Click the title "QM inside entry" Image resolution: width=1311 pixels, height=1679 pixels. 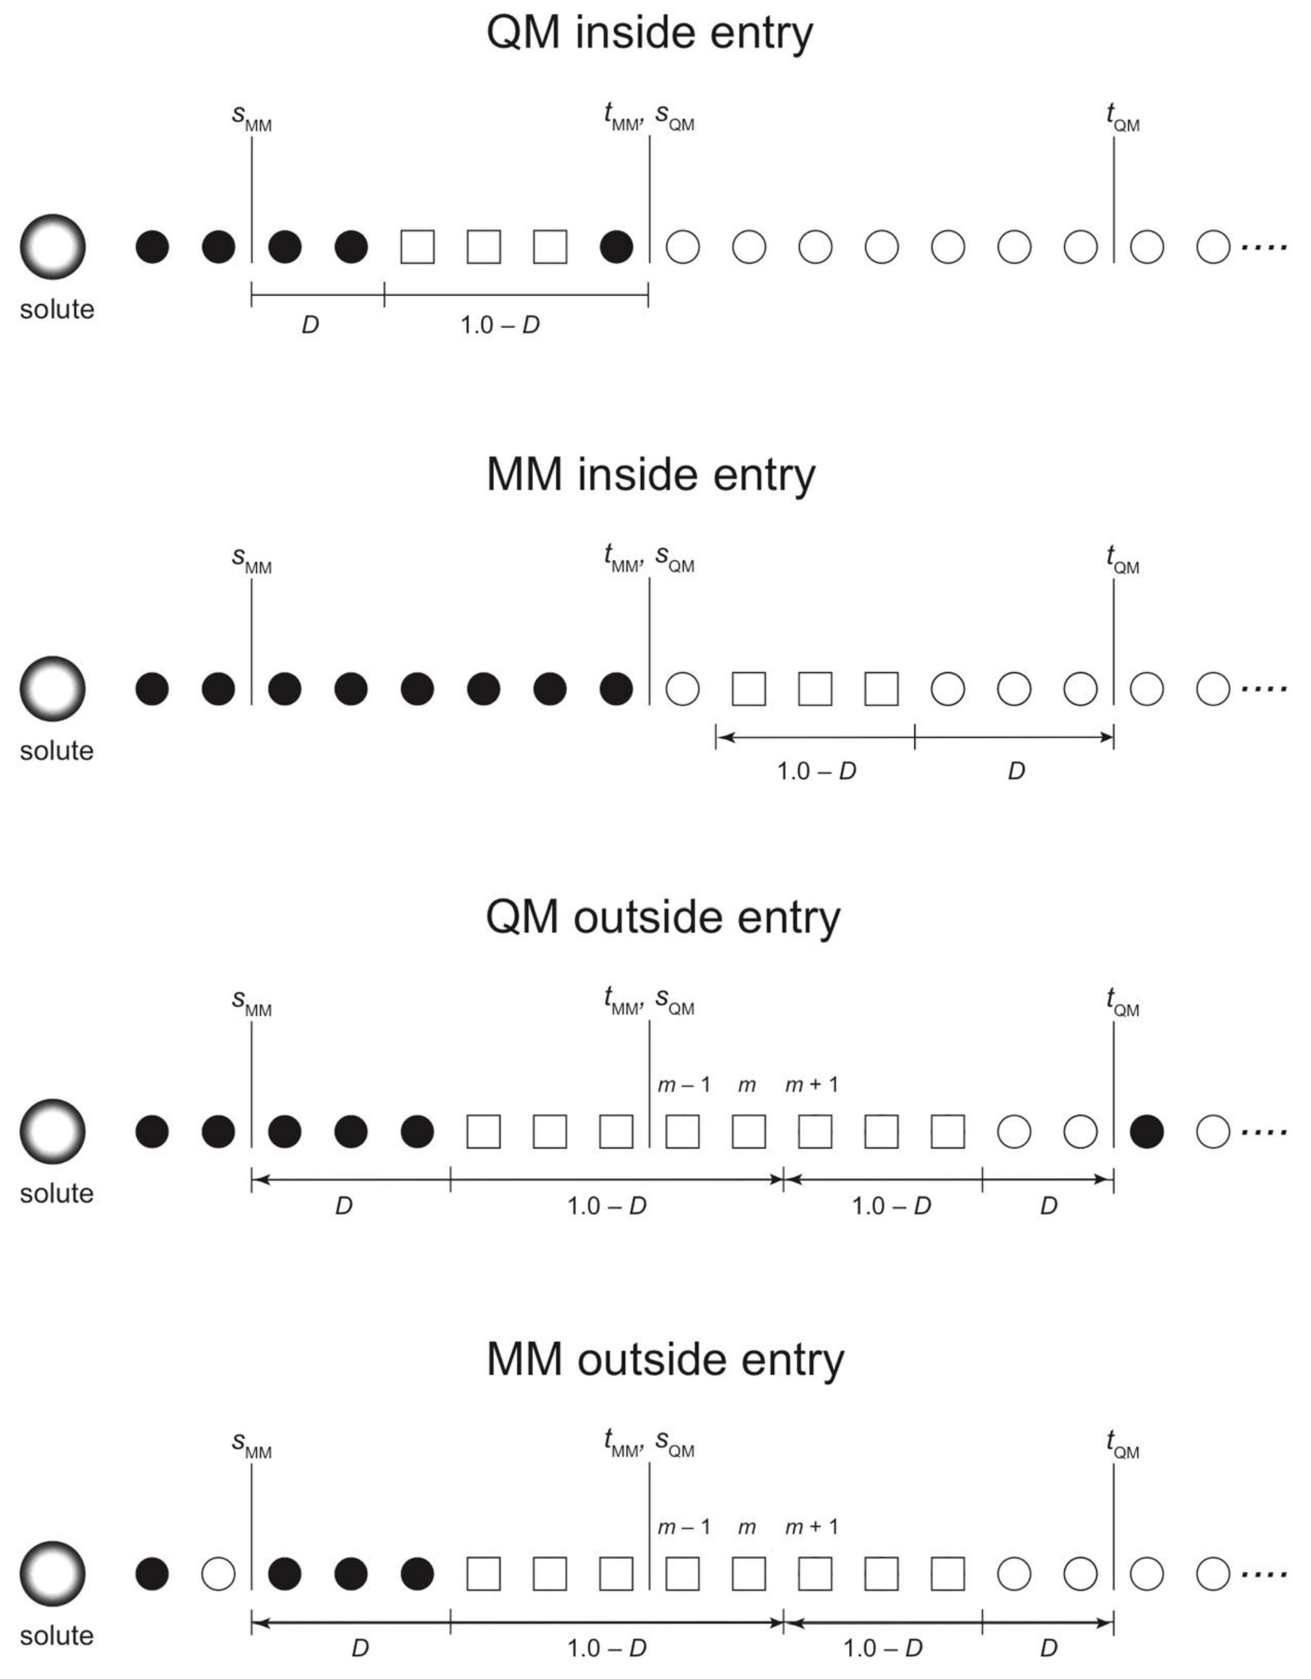point(649,34)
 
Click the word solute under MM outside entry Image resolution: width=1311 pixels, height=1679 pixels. point(56,1635)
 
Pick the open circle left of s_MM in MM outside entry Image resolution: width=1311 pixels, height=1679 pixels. point(218,1574)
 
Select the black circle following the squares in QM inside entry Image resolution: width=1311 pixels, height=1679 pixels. point(616,247)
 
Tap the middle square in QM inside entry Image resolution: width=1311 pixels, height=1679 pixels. point(483,247)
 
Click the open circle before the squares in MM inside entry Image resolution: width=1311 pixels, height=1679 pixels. point(682,689)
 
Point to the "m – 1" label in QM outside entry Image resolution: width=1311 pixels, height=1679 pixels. point(683,1085)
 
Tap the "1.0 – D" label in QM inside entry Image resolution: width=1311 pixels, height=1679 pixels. point(499,325)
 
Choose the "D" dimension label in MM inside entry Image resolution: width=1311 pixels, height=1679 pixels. point(1016,771)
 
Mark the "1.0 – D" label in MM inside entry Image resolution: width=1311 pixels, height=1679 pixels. point(816,771)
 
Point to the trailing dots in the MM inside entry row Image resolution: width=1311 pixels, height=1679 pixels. point(1264,689)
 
